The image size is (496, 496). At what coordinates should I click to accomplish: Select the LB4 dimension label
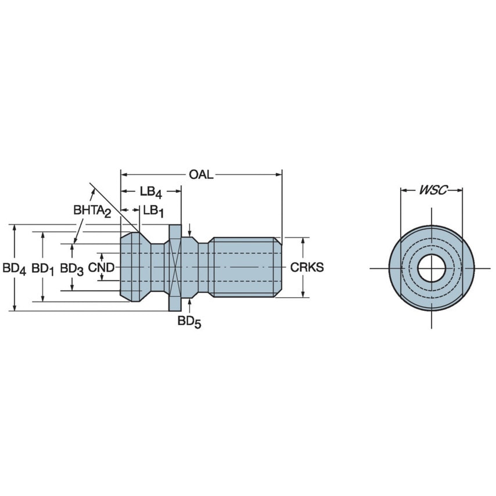[150, 192]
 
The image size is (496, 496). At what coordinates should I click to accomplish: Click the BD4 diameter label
[15, 268]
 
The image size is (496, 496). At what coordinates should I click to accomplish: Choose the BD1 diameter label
[42, 268]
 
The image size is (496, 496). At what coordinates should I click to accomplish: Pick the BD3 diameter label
[72, 268]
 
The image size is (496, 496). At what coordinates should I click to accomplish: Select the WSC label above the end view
[432, 190]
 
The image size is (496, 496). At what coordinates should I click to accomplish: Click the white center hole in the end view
[432, 267]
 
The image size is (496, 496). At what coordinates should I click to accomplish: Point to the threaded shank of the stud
[244, 267]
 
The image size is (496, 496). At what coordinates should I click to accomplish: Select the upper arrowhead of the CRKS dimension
[303, 240]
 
